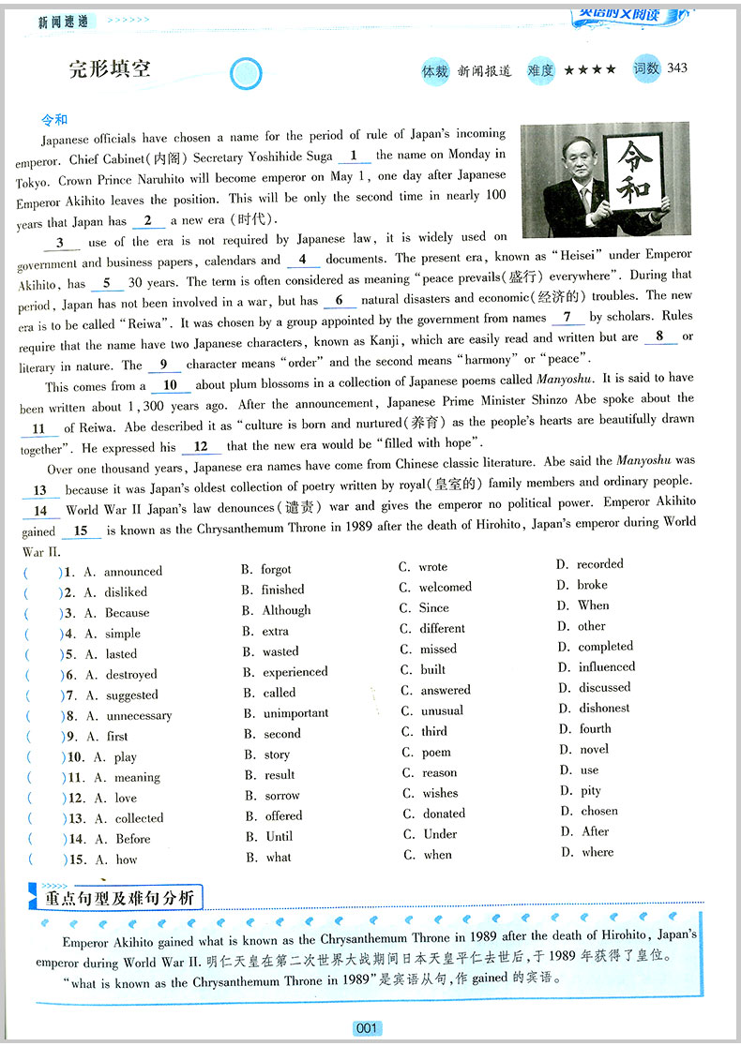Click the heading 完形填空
pos(110,68)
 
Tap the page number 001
pos(366,1028)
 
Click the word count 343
pos(676,67)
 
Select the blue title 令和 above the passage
pos(54,120)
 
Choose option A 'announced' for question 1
pos(132,572)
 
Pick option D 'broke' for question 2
pos(592,585)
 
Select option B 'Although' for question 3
pos(286,610)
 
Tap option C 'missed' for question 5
pos(438,649)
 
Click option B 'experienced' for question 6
pos(295,672)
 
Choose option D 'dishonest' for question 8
pos(603,709)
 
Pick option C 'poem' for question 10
pos(436,752)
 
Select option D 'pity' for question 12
pos(590,791)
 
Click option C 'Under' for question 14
pos(440,834)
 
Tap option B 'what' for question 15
pos(278,857)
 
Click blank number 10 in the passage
pos(170,385)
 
